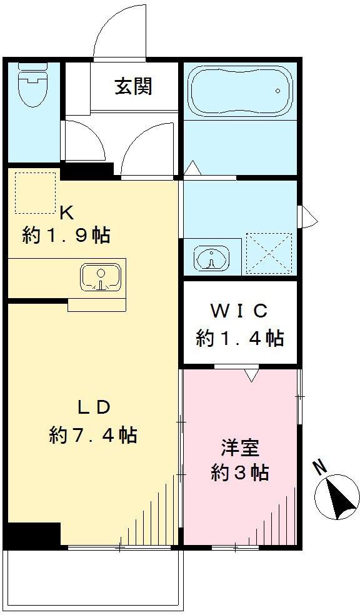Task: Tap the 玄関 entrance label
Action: (x=133, y=86)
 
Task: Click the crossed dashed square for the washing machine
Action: (x=269, y=254)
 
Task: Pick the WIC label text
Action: (x=239, y=309)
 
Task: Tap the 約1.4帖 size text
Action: (x=239, y=338)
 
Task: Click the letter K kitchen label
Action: (x=66, y=212)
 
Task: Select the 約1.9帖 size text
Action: (x=66, y=235)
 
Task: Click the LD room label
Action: (x=94, y=407)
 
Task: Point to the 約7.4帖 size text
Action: (x=94, y=434)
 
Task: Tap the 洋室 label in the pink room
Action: (x=239, y=448)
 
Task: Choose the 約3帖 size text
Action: (x=239, y=472)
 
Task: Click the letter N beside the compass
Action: (x=319, y=466)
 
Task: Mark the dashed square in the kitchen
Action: (x=35, y=192)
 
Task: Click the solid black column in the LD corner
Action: (x=32, y=534)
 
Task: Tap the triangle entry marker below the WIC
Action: (x=251, y=375)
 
